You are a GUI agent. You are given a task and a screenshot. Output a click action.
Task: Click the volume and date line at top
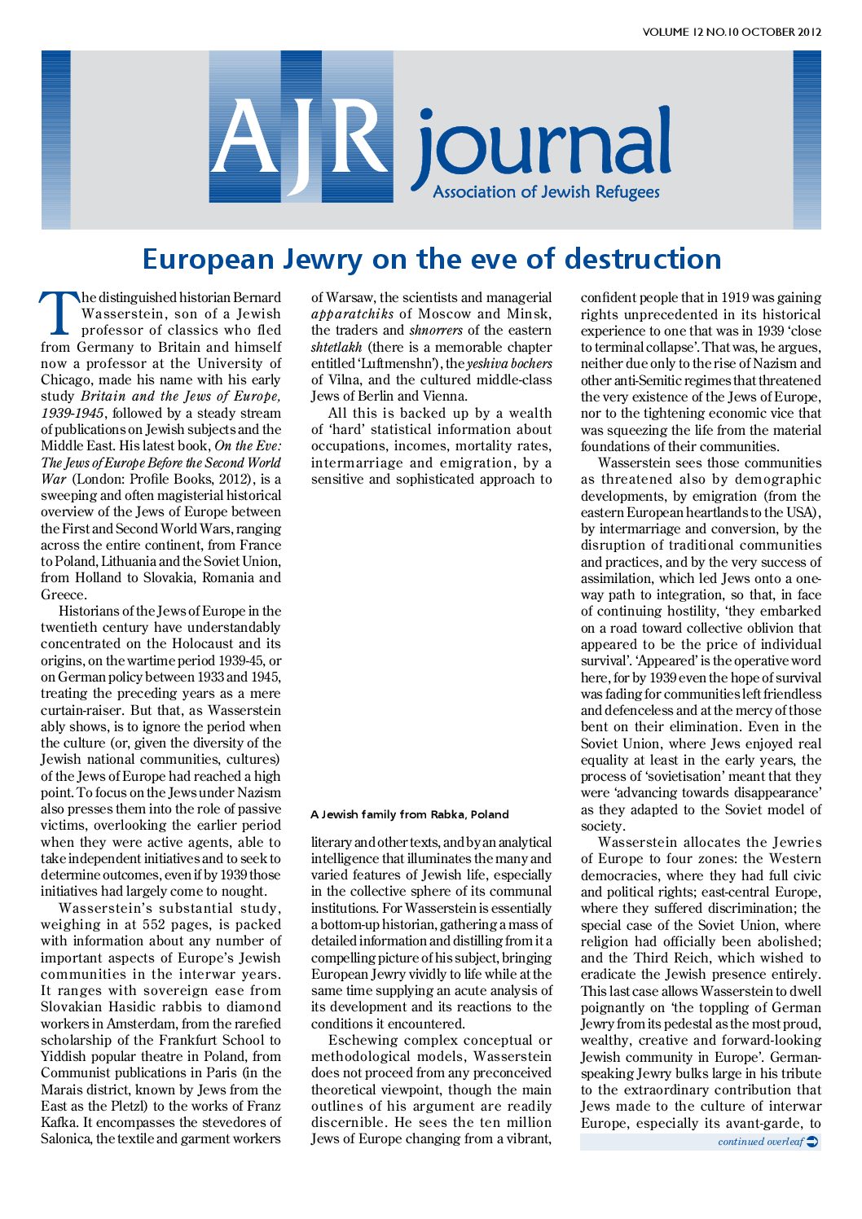pyautogui.click(x=731, y=33)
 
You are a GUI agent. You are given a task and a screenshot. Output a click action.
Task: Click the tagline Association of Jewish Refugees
pyautogui.click(x=546, y=192)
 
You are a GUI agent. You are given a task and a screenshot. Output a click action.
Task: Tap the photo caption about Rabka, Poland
pyautogui.click(x=409, y=814)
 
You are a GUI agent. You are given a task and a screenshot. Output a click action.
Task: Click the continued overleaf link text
pyautogui.click(x=760, y=1142)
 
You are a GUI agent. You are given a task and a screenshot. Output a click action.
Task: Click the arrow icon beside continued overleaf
pyautogui.click(x=812, y=1142)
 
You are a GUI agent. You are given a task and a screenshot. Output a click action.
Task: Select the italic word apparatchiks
pyautogui.click(x=352, y=314)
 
